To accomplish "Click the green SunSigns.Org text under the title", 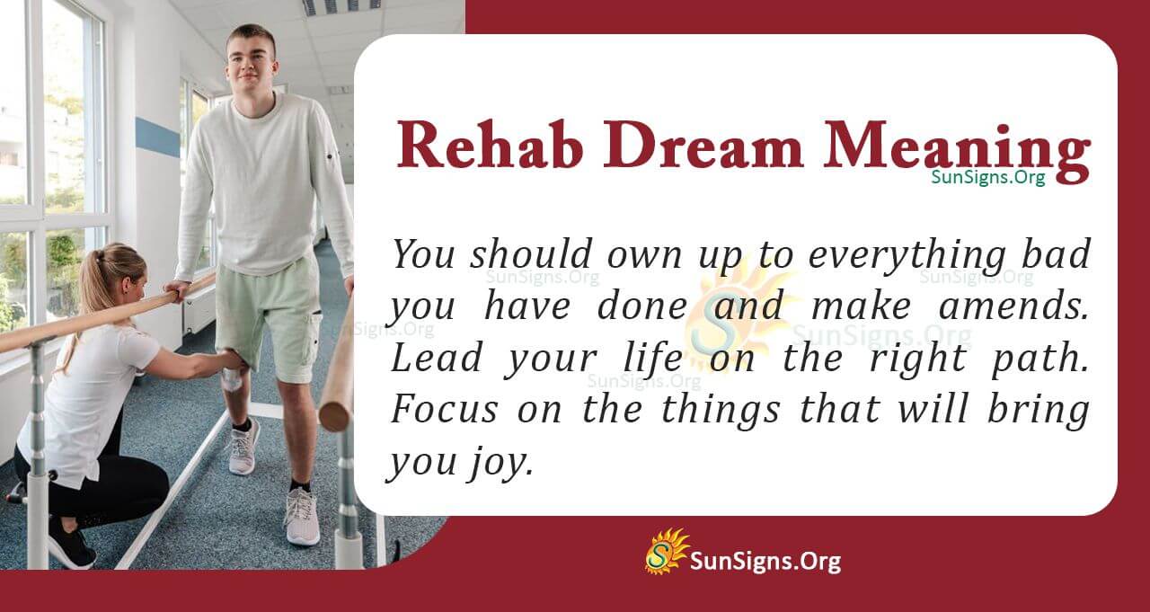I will pos(987,178).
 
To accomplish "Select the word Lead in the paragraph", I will pos(427,359).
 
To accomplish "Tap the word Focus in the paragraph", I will pos(442,411).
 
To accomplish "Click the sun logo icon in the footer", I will pos(666,551).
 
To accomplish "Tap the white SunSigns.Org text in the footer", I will pos(765,563).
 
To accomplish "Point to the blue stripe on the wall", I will pos(157,137).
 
